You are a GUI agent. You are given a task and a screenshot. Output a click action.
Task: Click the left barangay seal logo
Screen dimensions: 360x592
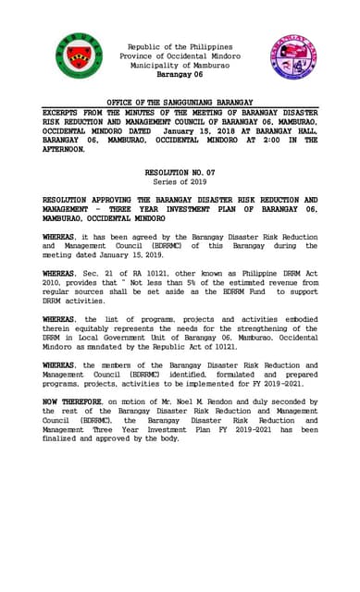[78, 56]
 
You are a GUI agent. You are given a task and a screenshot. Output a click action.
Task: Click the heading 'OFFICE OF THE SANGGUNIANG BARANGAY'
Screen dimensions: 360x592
[180, 102]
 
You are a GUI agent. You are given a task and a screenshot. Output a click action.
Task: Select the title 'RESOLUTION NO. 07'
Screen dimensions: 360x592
[180, 173]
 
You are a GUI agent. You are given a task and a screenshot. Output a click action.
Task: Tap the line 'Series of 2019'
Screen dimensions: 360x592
[180, 182]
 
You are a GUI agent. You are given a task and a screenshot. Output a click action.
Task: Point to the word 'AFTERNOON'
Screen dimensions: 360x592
[70, 149]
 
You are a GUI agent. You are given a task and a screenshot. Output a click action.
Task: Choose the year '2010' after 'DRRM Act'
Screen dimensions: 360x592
[56, 283]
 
